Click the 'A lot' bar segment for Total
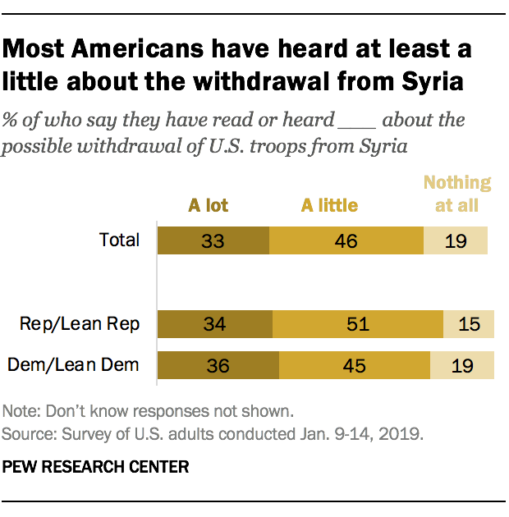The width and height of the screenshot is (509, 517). (x=213, y=240)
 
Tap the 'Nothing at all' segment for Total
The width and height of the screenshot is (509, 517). (x=455, y=240)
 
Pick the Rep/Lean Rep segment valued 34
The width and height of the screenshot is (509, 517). (x=215, y=323)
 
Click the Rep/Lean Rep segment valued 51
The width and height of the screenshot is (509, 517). (x=358, y=323)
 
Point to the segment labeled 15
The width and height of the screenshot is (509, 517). (x=468, y=323)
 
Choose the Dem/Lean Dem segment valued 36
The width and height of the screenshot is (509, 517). (x=218, y=364)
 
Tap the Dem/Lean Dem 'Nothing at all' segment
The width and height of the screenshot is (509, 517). (x=461, y=364)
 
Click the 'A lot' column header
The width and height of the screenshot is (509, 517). (x=208, y=205)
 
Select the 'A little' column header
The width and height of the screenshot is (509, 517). (x=329, y=205)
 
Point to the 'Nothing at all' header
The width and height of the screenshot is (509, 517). (x=456, y=194)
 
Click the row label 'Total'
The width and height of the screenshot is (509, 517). (x=120, y=240)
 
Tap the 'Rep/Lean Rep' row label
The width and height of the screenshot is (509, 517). (x=80, y=323)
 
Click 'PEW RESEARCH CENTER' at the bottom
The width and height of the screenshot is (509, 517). (x=96, y=467)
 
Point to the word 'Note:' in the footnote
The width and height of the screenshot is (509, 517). (x=21, y=410)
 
